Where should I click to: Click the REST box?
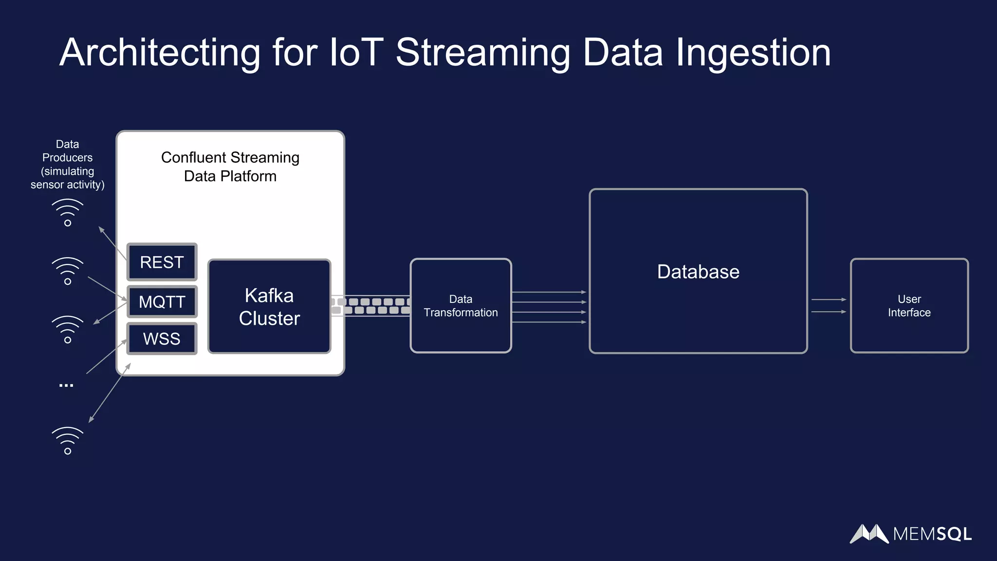click(x=162, y=262)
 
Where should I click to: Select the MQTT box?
click(x=162, y=302)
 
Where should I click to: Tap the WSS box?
click(x=162, y=338)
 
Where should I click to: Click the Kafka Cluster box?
click(x=269, y=307)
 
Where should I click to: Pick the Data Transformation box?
click(x=461, y=306)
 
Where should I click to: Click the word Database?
click(x=698, y=272)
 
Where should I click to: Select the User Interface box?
click(x=909, y=306)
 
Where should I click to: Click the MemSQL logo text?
click(x=932, y=534)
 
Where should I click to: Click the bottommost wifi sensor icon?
click(x=68, y=441)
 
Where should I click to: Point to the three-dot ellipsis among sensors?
click(x=66, y=385)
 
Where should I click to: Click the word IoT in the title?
click(x=356, y=52)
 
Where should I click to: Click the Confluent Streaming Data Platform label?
click(x=230, y=167)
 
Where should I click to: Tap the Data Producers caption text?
click(x=67, y=165)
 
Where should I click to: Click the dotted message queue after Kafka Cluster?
click(x=371, y=306)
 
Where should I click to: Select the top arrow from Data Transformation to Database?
click(x=549, y=292)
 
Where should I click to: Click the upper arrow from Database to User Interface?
click(x=829, y=299)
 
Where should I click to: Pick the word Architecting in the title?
click(x=160, y=52)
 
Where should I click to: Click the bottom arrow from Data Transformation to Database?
click(x=549, y=322)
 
